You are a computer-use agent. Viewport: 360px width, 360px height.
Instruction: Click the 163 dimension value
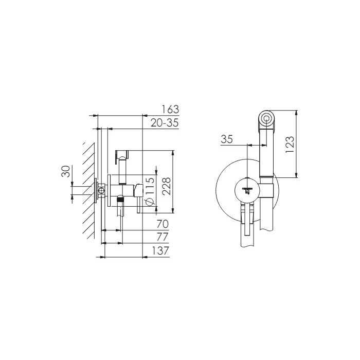click(x=170, y=109)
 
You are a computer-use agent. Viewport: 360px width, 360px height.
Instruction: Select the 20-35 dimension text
click(x=165, y=123)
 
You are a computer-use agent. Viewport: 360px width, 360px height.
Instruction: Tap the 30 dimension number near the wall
click(x=66, y=171)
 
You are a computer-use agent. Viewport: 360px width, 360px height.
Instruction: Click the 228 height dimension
click(x=166, y=186)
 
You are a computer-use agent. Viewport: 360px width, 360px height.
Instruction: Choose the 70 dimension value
click(x=163, y=224)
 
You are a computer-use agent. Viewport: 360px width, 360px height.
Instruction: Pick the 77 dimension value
click(x=163, y=237)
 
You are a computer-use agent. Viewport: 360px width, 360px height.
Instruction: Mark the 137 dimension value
click(x=160, y=250)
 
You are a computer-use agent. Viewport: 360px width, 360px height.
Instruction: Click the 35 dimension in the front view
click(x=227, y=139)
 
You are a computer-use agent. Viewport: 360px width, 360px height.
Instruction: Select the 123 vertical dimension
click(x=290, y=145)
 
